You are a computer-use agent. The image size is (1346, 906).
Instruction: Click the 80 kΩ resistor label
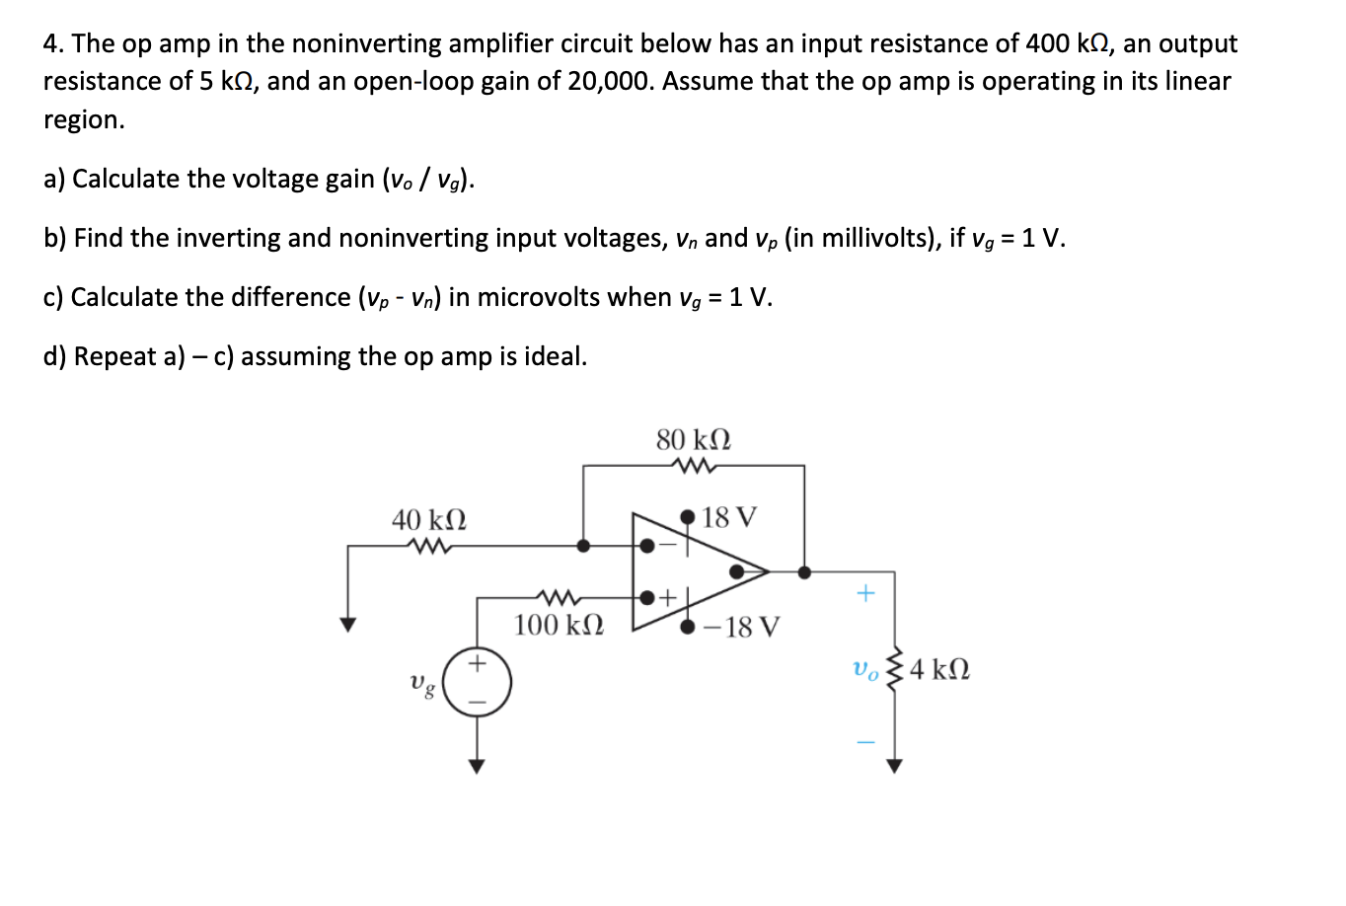[694, 439]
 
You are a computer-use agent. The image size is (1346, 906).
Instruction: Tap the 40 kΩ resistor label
[429, 519]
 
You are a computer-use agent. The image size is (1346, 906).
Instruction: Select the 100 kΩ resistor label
[559, 625]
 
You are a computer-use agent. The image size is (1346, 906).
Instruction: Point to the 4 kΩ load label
[939, 669]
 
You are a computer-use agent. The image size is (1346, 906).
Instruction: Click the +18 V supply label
[729, 517]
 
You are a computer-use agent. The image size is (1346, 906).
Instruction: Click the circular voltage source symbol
[477, 682]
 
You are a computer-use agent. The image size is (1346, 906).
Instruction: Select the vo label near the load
[864, 669]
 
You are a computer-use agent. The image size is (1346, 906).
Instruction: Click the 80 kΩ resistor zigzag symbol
[694, 466]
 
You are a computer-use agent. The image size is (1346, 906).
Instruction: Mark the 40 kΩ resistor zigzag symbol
[429, 545]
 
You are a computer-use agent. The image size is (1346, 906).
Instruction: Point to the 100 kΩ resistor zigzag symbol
[558, 597]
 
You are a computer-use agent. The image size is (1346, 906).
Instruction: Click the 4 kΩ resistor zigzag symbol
[895, 671]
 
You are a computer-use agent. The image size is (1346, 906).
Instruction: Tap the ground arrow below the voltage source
[477, 766]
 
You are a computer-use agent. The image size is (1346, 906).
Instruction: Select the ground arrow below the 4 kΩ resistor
[894, 766]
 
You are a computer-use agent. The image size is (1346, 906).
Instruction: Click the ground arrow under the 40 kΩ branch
[346, 624]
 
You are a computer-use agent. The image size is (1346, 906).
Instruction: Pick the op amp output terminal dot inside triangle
[736, 571]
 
